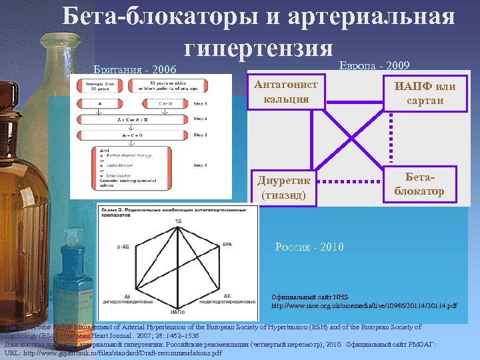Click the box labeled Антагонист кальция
pyautogui.click(x=286, y=92)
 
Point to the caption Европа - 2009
pyautogui.click(x=375, y=65)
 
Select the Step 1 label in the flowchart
pyautogui.click(x=200, y=104)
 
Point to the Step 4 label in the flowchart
pyautogui.click(x=200, y=164)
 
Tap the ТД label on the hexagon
pyautogui.click(x=178, y=220)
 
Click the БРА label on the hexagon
pyautogui.click(x=227, y=245)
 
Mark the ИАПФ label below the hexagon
pyautogui.click(x=178, y=311)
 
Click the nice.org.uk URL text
pyautogui.click(x=364, y=305)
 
